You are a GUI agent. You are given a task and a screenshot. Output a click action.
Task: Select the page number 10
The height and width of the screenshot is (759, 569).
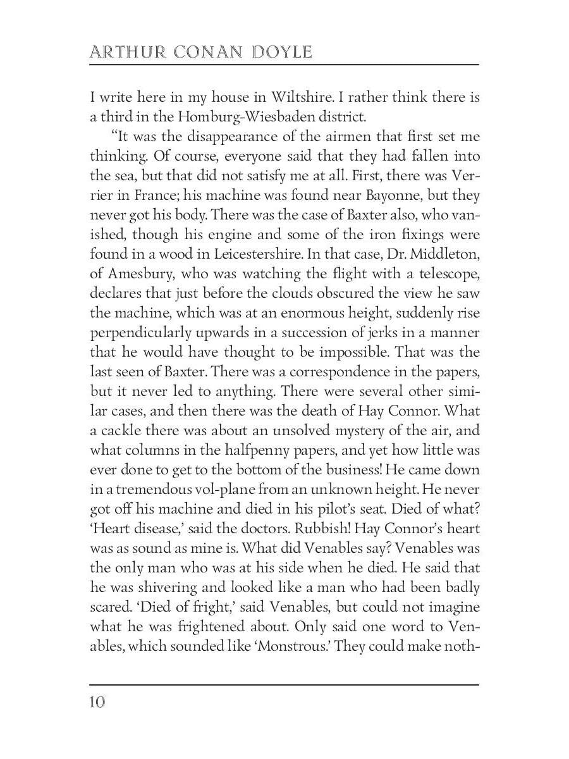[x=98, y=702]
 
